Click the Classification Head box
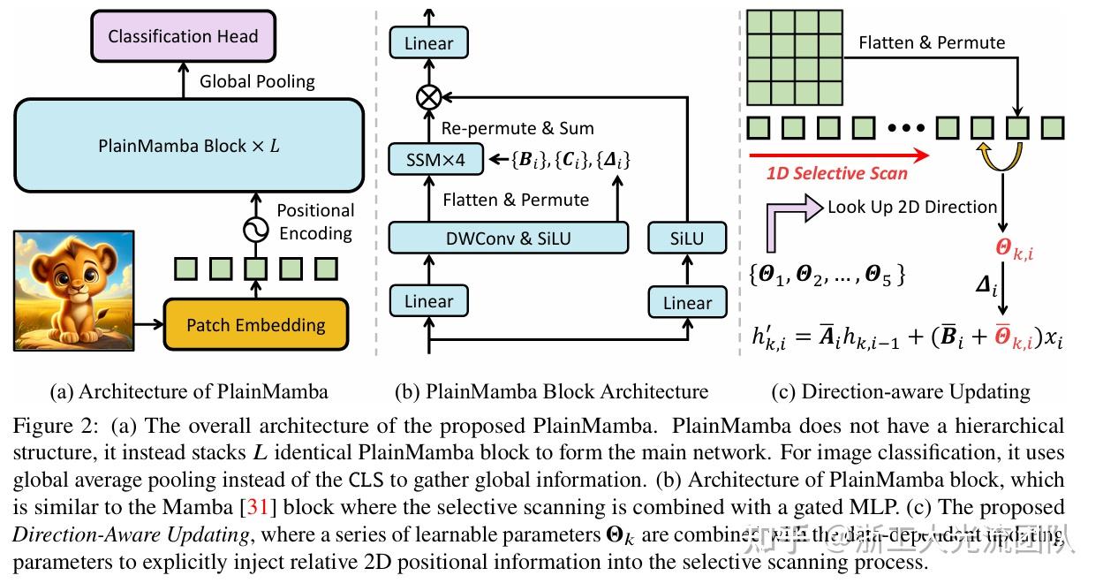(x=183, y=37)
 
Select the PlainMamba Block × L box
(x=188, y=145)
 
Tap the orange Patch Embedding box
(x=256, y=324)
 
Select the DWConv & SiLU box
(x=509, y=238)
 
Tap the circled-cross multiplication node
(x=429, y=96)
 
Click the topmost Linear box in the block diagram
(x=428, y=42)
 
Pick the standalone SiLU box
(x=687, y=238)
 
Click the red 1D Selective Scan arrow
(x=838, y=155)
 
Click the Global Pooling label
(x=257, y=81)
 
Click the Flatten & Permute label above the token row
(x=932, y=42)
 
